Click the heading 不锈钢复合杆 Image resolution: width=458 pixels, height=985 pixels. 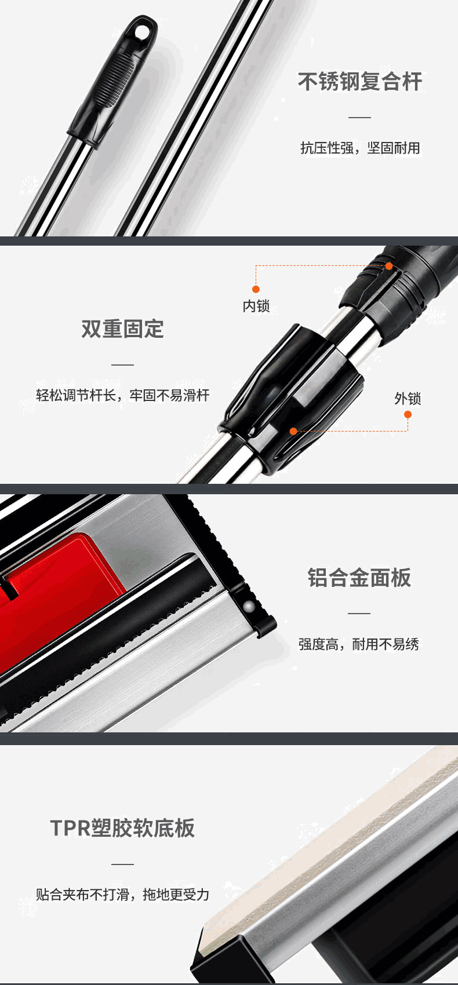click(360, 82)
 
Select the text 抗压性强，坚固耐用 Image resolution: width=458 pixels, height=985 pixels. click(360, 148)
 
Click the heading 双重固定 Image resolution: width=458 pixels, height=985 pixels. click(122, 329)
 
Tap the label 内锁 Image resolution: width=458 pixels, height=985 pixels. click(256, 306)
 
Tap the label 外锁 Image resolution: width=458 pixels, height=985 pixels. click(408, 399)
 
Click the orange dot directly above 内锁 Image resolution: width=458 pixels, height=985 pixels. click(256, 289)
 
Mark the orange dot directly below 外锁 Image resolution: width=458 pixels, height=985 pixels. click(408, 414)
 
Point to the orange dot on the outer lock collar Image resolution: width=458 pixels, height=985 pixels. click(293, 432)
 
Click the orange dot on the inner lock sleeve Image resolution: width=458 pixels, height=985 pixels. click(389, 266)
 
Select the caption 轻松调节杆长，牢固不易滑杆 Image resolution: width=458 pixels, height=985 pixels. click(123, 395)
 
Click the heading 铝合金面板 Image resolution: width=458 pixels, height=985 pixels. click(359, 578)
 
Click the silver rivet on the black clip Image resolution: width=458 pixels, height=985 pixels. click(249, 607)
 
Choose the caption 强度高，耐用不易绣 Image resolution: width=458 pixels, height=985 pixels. click(358, 645)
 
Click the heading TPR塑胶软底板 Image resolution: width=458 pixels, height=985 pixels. click(122, 829)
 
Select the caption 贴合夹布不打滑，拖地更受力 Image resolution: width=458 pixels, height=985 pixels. click(123, 895)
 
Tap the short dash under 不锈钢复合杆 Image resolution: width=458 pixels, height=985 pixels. click(360, 118)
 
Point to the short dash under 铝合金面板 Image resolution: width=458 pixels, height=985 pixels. click(359, 613)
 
